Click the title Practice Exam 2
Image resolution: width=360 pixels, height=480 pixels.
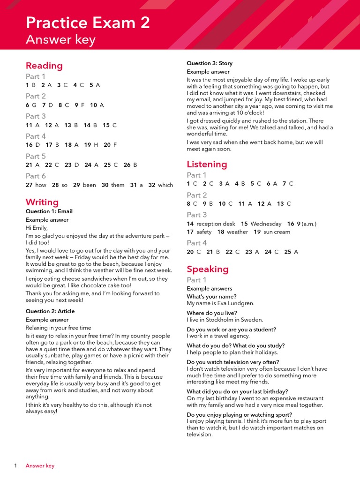click(88, 22)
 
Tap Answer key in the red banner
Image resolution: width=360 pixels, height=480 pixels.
click(60, 40)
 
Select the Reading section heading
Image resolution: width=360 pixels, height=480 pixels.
click(44, 66)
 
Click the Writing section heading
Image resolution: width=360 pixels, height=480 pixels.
click(42, 202)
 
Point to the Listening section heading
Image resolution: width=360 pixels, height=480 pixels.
click(207, 164)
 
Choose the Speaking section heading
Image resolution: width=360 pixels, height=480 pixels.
click(208, 269)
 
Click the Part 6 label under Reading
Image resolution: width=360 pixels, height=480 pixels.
click(36, 176)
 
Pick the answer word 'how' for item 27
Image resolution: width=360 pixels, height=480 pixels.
click(41, 185)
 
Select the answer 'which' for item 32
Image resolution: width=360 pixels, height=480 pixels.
click(165, 185)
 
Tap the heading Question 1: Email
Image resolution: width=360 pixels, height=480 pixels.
click(49, 211)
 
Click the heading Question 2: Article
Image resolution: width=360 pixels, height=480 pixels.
click(50, 311)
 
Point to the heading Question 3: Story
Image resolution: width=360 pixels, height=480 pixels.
click(210, 63)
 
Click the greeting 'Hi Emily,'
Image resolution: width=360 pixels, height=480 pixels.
click(37, 228)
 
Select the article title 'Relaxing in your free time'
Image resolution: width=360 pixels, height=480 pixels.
click(58, 328)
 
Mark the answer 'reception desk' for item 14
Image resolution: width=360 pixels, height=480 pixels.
click(216, 224)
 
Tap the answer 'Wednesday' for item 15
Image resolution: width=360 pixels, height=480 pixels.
click(266, 224)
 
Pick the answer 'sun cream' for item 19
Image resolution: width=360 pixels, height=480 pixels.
click(277, 232)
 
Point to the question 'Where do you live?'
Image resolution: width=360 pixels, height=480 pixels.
click(212, 313)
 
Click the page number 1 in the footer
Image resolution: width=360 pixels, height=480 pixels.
click(15, 465)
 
